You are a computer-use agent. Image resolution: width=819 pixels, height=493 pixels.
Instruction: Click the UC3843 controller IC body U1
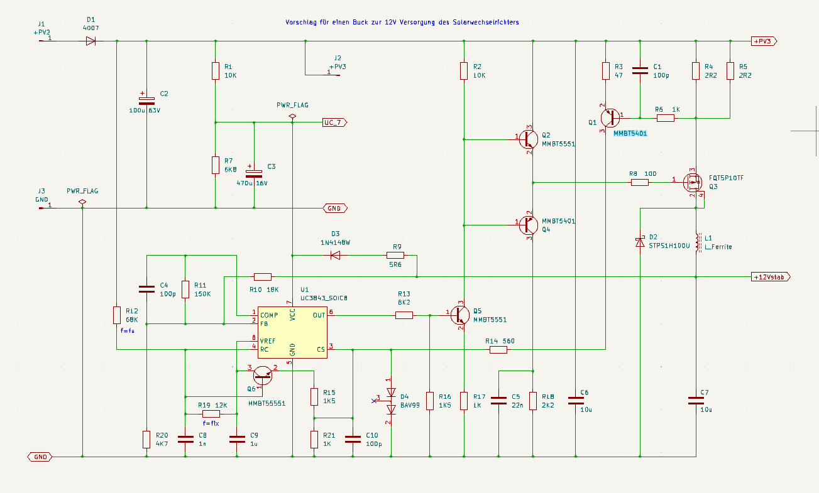[292, 332]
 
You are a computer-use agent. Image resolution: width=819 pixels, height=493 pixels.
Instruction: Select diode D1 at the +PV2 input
[91, 41]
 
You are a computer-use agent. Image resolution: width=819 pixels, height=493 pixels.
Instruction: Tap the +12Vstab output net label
[771, 277]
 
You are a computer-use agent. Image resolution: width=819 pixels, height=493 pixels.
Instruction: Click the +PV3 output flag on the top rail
[764, 41]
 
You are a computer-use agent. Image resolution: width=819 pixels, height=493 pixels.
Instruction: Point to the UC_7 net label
[334, 122]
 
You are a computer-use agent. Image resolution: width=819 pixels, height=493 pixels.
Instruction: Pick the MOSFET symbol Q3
[693, 182]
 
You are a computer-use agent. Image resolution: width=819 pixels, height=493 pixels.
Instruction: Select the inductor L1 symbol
[698, 242]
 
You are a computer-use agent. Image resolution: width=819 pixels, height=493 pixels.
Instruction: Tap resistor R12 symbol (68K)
[117, 315]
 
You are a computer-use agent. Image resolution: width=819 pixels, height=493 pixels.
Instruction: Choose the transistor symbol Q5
[459, 315]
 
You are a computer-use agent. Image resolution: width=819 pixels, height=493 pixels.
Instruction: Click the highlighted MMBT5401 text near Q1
[630, 133]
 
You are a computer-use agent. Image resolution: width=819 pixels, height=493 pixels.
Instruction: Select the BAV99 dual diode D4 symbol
[391, 401]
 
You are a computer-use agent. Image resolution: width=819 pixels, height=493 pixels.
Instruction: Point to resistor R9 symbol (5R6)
[395, 255]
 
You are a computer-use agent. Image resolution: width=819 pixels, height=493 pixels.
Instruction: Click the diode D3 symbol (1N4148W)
[335, 255]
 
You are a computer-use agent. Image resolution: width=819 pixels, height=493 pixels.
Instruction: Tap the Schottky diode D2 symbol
[640, 242]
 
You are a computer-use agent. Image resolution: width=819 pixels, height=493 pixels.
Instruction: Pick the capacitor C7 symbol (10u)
[696, 401]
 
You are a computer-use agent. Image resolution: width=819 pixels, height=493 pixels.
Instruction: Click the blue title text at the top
[402, 22]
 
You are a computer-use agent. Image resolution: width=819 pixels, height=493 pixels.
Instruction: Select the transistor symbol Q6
[263, 375]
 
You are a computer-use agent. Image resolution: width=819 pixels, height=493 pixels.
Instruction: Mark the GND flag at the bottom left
[40, 457]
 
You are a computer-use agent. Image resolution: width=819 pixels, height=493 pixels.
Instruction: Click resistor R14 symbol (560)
[498, 350]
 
